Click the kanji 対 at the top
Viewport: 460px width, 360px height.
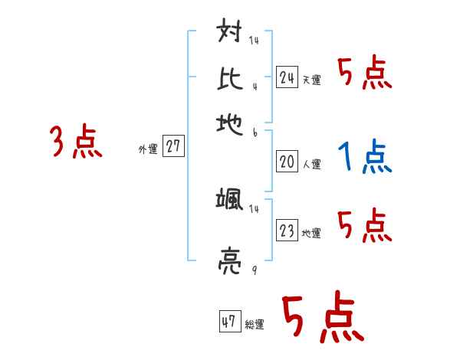pyautogui.click(x=230, y=34)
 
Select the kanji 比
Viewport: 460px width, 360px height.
pyautogui.click(x=230, y=77)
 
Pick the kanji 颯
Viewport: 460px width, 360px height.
pyautogui.click(x=230, y=201)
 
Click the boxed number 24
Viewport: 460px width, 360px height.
pyautogui.click(x=287, y=77)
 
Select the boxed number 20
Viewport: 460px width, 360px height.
pyautogui.click(x=287, y=162)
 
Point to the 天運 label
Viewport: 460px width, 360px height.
pyautogui.click(x=311, y=80)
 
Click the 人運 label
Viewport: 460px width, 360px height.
pyautogui.click(x=311, y=164)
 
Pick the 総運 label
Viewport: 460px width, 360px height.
pyautogui.click(x=255, y=324)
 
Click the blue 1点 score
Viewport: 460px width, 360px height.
pyautogui.click(x=364, y=158)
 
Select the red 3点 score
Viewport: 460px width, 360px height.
pyautogui.click(x=76, y=142)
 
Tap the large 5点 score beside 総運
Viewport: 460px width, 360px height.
pyautogui.click(x=321, y=318)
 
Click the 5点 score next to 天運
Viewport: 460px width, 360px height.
pyautogui.click(x=364, y=74)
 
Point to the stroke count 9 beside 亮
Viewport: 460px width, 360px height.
pyautogui.click(x=254, y=270)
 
